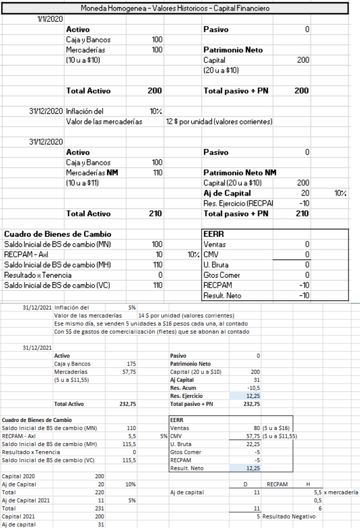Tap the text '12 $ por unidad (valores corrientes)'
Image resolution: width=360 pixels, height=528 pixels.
click(219, 122)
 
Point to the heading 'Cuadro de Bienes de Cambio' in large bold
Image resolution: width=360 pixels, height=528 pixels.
click(58, 234)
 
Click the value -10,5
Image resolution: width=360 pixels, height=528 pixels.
click(253, 388)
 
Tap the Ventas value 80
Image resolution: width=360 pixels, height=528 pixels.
click(257, 428)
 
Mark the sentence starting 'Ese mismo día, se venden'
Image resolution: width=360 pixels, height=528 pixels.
click(151, 324)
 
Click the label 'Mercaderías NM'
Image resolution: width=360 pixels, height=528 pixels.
click(90, 173)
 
